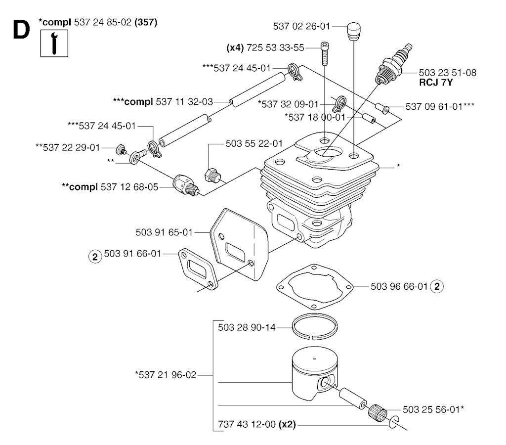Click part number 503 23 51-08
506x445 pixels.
[x=447, y=73]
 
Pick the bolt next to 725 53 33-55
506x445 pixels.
[x=325, y=53]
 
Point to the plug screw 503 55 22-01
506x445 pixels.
[x=212, y=175]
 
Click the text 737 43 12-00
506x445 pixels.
[x=247, y=425]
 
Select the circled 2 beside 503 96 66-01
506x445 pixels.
[x=437, y=286]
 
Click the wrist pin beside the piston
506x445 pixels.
[x=352, y=396]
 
